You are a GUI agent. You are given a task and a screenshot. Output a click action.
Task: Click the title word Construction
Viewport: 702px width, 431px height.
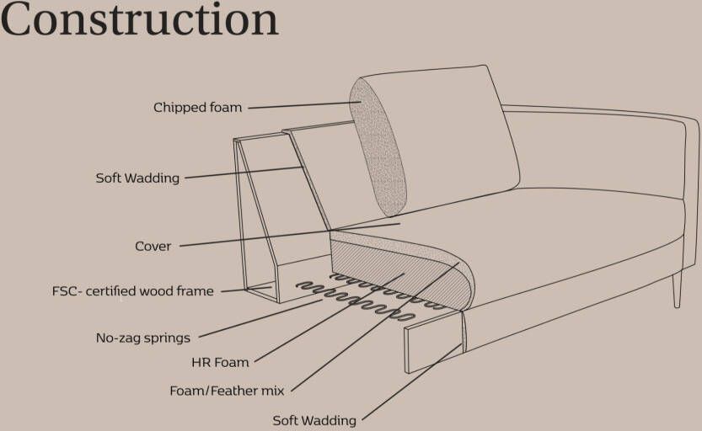click(140, 20)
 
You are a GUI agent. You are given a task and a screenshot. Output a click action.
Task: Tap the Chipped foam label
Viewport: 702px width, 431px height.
click(197, 108)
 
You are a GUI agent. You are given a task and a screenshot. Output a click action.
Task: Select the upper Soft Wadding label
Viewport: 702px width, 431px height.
click(137, 178)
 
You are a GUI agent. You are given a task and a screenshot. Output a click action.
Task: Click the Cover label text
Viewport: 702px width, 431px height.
click(153, 247)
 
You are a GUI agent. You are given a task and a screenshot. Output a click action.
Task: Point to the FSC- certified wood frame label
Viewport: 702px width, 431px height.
click(132, 292)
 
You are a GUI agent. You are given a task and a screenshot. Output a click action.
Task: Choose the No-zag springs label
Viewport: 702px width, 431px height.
click(142, 338)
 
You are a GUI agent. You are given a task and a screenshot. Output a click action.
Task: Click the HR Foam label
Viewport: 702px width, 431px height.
click(220, 363)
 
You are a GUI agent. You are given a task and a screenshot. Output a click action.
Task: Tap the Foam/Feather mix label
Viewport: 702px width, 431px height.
click(227, 391)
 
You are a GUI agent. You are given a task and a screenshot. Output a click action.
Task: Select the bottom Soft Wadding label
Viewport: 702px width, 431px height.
click(314, 420)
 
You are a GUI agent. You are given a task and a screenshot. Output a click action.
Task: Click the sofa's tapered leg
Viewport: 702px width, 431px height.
click(677, 290)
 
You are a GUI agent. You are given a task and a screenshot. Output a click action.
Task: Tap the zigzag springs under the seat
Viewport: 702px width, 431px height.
click(362, 296)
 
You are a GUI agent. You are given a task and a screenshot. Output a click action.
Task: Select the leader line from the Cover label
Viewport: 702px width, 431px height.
click(287, 235)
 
